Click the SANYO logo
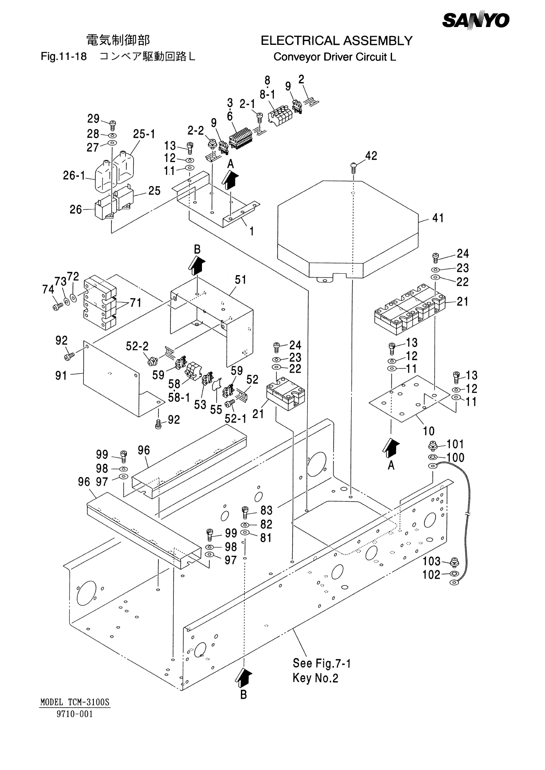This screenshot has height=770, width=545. click(476, 21)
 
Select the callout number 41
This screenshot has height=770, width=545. click(438, 218)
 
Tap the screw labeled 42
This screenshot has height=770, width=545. click(354, 166)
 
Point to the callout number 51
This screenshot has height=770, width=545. click(241, 280)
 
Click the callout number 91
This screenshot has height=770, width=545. click(61, 376)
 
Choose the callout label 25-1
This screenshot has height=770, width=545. click(144, 134)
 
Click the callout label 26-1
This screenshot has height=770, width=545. click(74, 175)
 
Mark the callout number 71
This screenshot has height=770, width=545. click(135, 303)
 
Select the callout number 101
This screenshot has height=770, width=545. click(455, 444)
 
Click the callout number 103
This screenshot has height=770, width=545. click(431, 561)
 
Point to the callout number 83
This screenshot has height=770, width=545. click(266, 510)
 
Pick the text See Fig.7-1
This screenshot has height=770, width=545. click(322, 663)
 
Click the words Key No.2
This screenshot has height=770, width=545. click(315, 678)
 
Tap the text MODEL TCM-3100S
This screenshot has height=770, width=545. click(76, 702)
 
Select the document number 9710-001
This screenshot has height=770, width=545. click(75, 714)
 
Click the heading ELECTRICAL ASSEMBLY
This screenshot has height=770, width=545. click(336, 41)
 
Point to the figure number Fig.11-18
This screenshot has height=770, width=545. click(64, 57)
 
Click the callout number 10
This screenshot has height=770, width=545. click(429, 431)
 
